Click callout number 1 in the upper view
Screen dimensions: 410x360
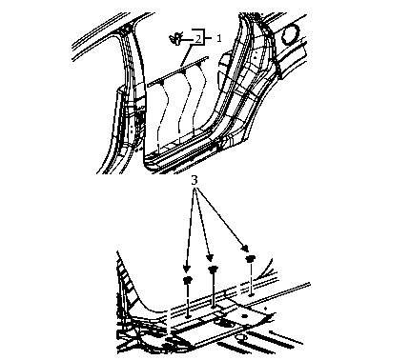pos(219,39)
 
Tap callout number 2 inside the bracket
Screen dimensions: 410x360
pos(198,39)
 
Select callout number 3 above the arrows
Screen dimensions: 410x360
pos(195,180)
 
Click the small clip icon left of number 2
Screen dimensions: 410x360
pos(175,39)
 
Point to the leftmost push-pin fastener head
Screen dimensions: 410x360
pos(188,280)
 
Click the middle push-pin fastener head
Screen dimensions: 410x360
pos(213,270)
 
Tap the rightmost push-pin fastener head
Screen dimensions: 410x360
pos(251,259)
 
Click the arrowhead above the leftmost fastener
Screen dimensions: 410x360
pos(187,269)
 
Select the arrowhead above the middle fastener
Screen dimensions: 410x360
pos(209,258)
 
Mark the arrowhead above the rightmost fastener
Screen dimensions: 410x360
pos(245,248)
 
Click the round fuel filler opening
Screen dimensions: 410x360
pos(291,34)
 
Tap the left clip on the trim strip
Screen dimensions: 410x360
pos(162,83)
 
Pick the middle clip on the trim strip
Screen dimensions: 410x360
pos(184,72)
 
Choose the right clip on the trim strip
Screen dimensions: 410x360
pos(200,64)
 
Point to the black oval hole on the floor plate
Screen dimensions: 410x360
pos(244,316)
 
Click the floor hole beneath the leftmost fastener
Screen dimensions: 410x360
pos(188,316)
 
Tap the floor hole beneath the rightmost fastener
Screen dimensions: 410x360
pos(251,295)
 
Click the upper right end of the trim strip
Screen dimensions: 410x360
pos(208,57)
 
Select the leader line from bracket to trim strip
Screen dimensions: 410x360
pos(186,56)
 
